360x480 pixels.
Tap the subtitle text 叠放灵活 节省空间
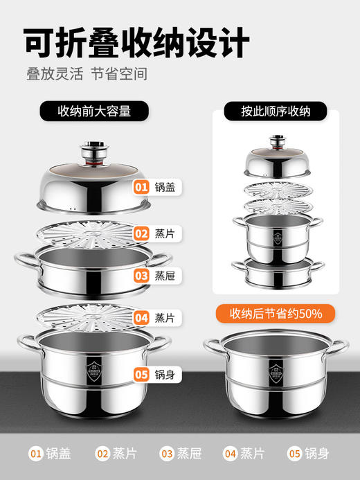point(87,75)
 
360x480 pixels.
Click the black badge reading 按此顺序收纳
point(275,110)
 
